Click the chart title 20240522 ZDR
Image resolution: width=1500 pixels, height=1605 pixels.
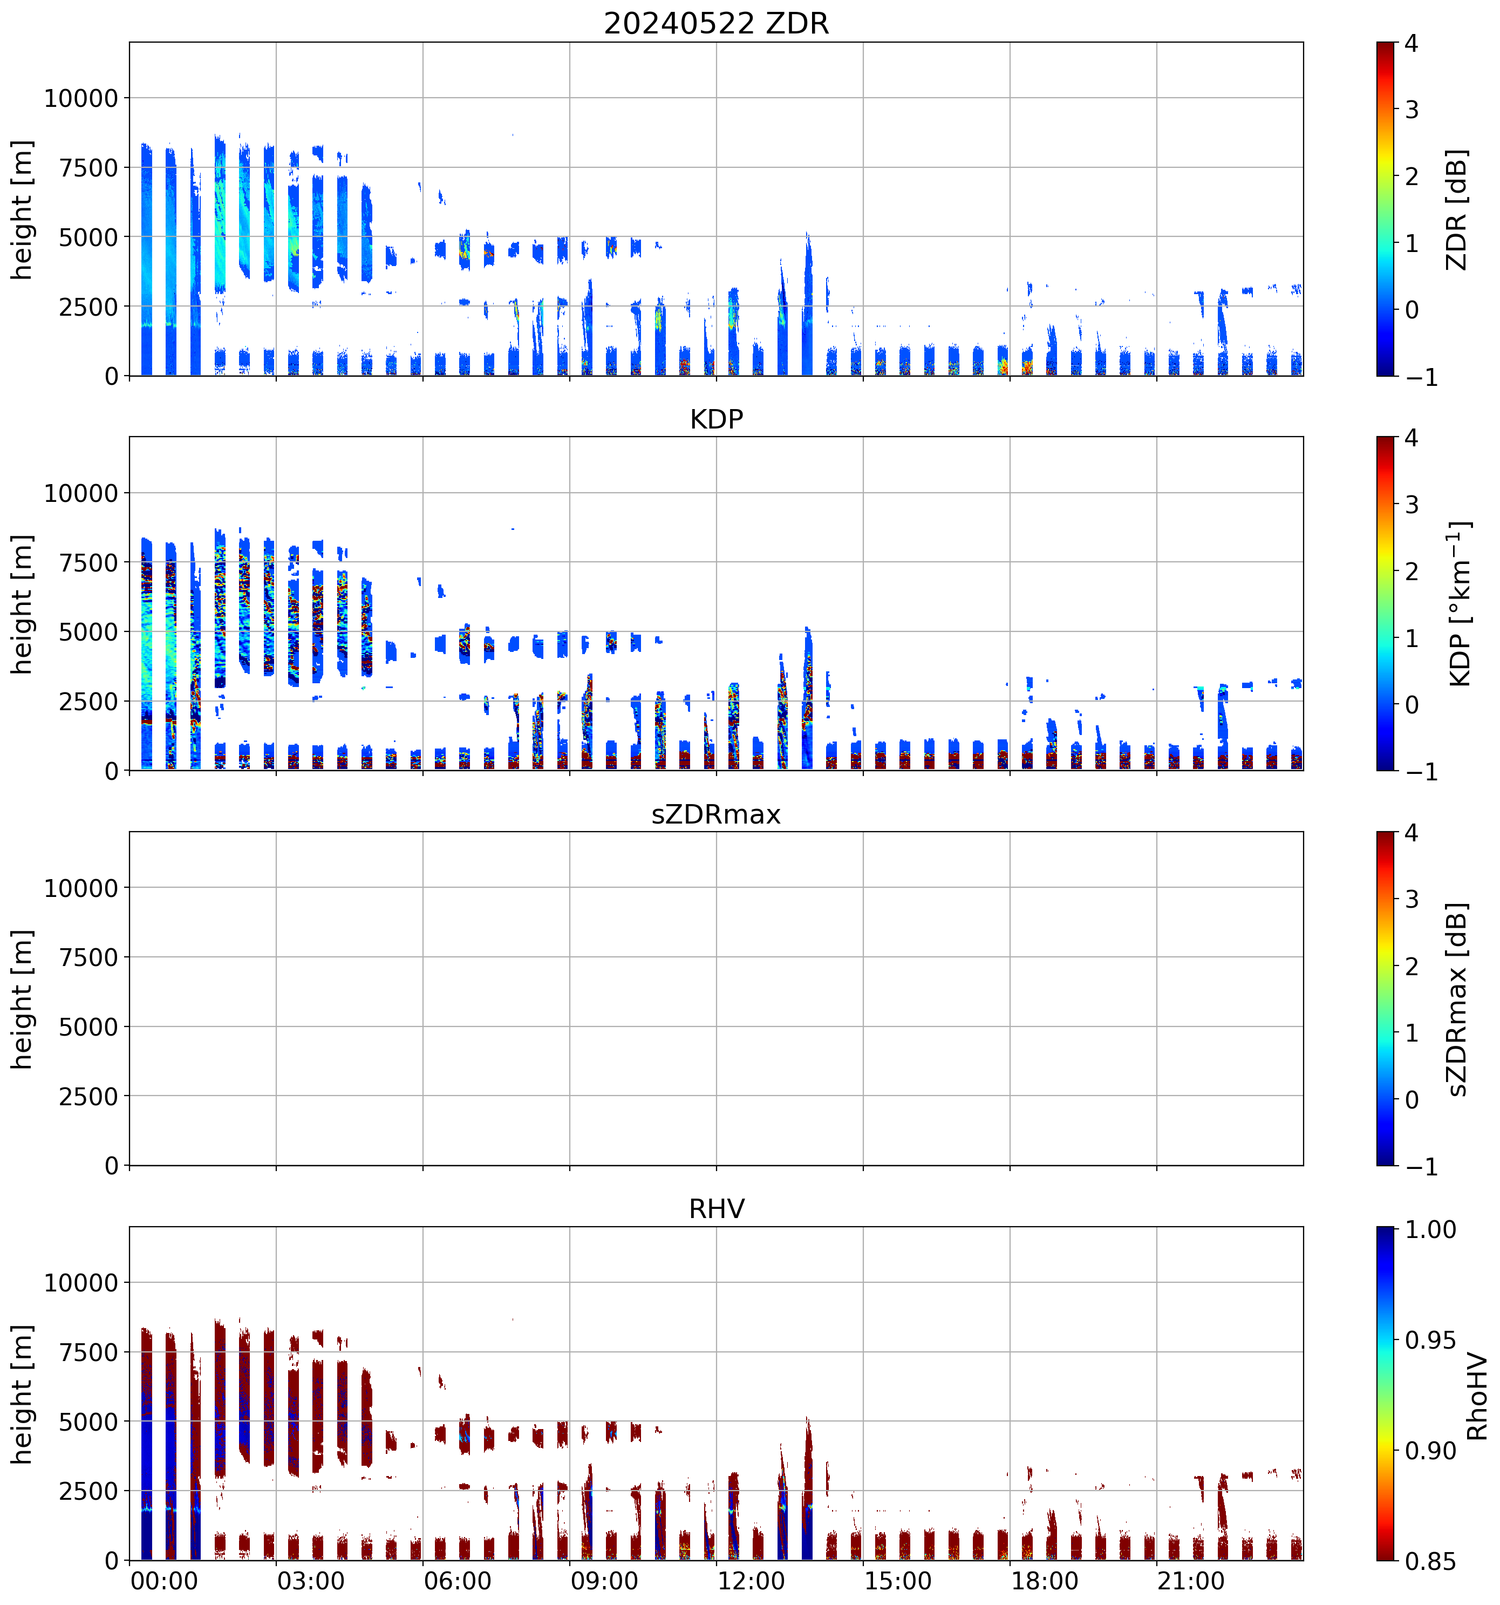click(716, 23)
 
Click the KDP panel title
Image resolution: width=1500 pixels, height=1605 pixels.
click(716, 419)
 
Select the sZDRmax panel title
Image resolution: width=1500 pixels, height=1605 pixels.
click(716, 814)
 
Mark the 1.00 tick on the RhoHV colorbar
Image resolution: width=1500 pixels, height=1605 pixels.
click(1430, 1229)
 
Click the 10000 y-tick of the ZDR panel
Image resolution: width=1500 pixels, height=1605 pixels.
click(81, 99)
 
